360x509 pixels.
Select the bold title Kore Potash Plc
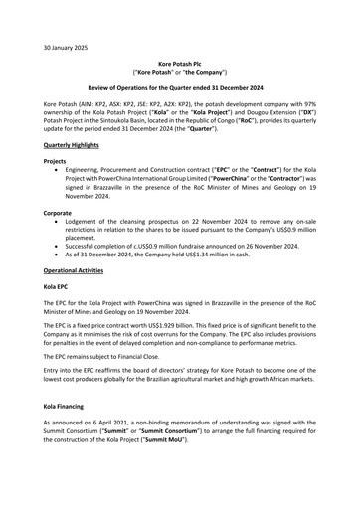point(179,63)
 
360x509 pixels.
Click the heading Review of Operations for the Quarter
point(179,89)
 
